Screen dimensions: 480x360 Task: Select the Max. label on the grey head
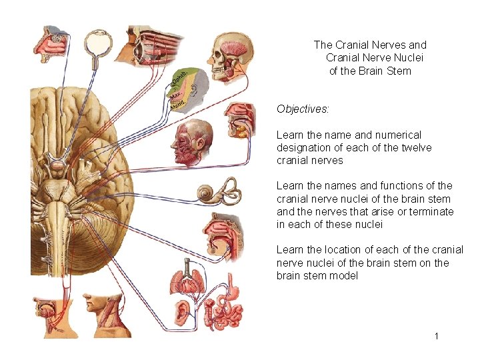[x=177, y=97]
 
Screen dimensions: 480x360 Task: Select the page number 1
[x=437, y=336]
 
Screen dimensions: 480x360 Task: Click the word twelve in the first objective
[x=417, y=147]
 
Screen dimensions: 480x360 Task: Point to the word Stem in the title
[x=398, y=71]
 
